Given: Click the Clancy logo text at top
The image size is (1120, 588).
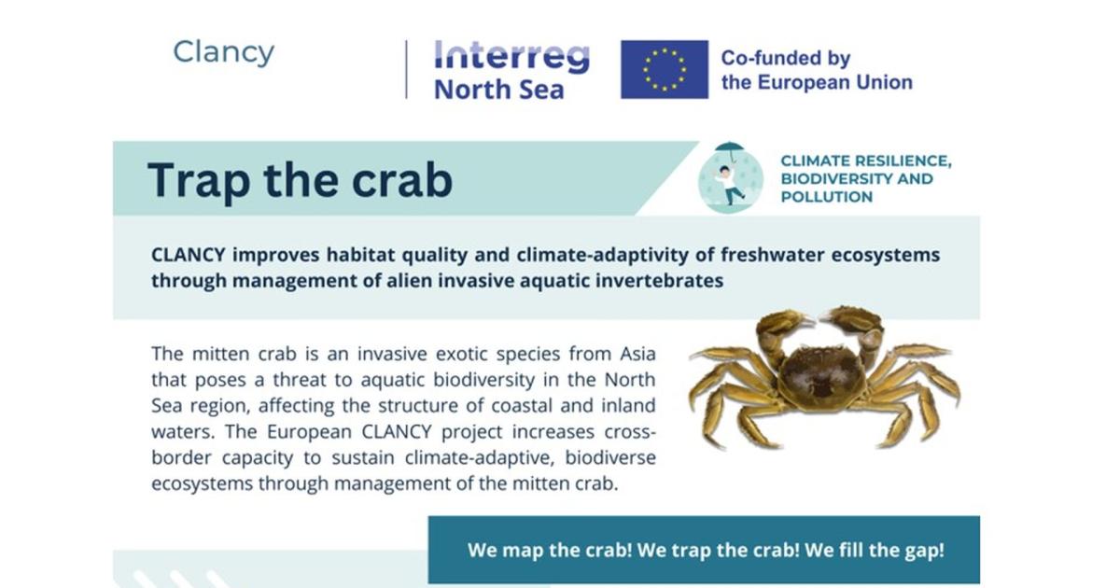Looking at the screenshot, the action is [223, 53].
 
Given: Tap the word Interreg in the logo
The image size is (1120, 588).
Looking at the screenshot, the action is [512, 57].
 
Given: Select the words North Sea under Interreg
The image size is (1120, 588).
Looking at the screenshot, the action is [499, 90].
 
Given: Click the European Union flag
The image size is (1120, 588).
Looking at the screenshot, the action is [665, 69].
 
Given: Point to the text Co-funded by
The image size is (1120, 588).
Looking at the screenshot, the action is [786, 58].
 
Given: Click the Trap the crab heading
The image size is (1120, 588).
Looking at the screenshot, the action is [300, 180].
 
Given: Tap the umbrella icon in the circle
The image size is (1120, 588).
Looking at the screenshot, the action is [730, 149].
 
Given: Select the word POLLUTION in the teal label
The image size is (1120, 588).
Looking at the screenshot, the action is [827, 197].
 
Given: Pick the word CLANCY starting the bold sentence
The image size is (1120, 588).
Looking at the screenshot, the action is [189, 255].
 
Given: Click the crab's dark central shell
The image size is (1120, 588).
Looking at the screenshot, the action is [821, 373].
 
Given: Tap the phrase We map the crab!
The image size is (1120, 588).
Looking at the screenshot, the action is [550, 550].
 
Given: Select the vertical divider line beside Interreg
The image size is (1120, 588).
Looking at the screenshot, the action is [406, 69].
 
